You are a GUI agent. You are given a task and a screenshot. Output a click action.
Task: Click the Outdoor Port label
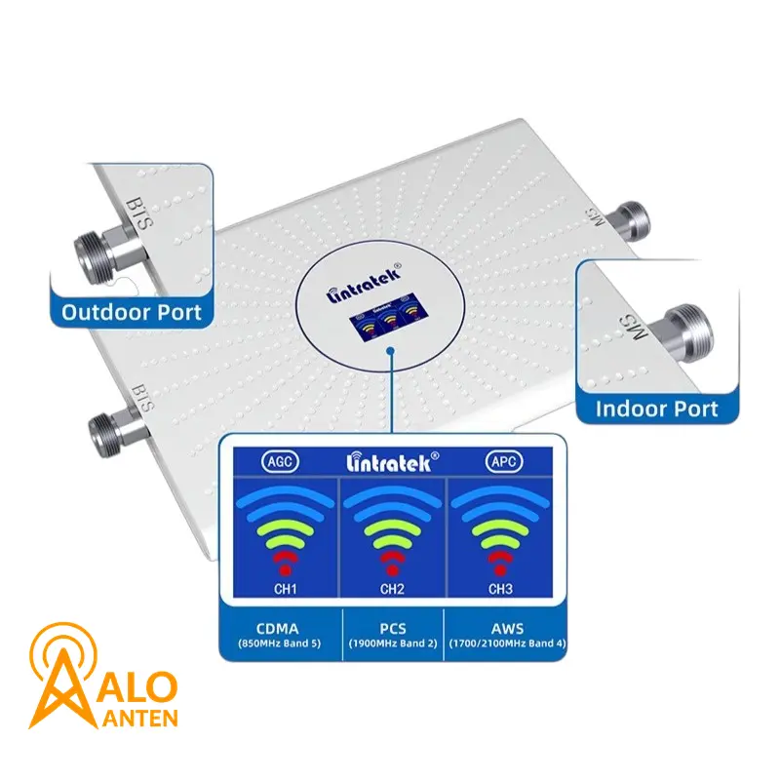(x=132, y=312)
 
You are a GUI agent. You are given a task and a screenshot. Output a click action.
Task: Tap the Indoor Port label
(x=656, y=409)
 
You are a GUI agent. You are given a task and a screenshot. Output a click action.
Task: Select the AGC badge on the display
(x=280, y=461)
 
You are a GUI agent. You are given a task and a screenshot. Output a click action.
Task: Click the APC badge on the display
(x=504, y=461)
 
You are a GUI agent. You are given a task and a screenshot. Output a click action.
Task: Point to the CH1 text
(x=285, y=589)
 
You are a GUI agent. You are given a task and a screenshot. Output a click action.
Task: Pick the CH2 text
(x=392, y=589)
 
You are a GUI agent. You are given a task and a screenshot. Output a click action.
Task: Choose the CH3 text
(x=500, y=589)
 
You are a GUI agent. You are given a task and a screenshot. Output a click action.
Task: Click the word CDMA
(x=278, y=628)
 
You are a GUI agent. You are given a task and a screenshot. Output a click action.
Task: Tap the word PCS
(x=393, y=628)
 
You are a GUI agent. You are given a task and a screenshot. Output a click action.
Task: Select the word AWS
(x=507, y=628)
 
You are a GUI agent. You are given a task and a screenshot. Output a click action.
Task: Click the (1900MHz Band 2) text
(x=393, y=643)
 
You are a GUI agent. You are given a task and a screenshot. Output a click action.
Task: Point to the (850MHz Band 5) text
(x=280, y=643)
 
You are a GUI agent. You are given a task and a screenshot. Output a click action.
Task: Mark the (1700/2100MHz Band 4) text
(x=507, y=643)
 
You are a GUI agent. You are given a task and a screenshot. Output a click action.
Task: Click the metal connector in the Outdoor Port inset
(x=107, y=253)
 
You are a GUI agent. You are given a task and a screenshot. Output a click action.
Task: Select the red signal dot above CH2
(x=393, y=570)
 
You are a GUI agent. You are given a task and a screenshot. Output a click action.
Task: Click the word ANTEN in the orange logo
(x=140, y=719)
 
